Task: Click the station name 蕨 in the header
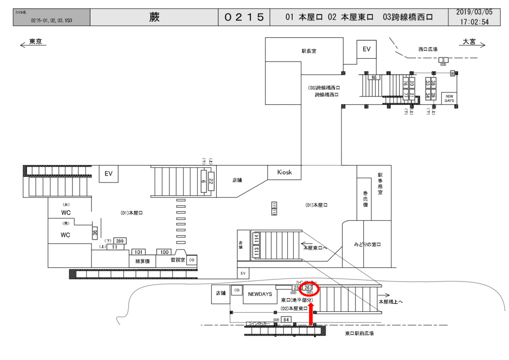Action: [x=154, y=17]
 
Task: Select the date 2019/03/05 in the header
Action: [x=474, y=12]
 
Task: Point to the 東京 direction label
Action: [x=35, y=42]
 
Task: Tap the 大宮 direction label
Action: [x=469, y=42]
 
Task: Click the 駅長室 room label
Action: [x=309, y=51]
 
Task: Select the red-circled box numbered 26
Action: [x=308, y=288]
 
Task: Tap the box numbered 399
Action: [x=120, y=241]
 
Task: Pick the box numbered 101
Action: [x=139, y=252]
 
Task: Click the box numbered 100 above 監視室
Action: [x=164, y=252]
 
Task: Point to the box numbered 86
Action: [x=374, y=78]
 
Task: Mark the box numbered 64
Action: [x=286, y=319]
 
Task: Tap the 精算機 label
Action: [x=139, y=260]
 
